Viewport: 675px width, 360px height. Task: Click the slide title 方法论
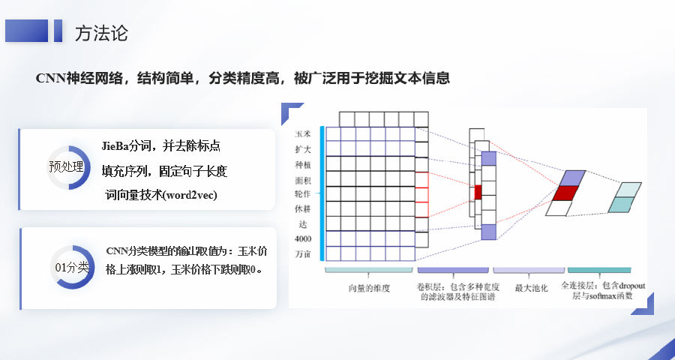tap(101, 33)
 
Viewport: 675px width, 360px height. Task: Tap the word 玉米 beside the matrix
tap(303, 134)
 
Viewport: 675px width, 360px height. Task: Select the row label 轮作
tap(303, 193)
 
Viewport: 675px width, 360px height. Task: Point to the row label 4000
tap(303, 238)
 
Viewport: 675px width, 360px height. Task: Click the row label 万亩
tap(303, 254)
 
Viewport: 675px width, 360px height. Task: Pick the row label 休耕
tap(303, 208)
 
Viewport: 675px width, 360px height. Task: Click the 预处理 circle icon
tap(67, 167)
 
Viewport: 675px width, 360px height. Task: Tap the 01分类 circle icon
tap(71, 268)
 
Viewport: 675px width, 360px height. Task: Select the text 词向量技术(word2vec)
tap(161, 195)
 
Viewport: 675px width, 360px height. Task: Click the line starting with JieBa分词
tap(161, 146)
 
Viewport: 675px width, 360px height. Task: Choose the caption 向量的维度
tap(369, 288)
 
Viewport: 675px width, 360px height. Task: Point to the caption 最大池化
tap(531, 288)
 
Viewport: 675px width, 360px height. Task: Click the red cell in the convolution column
tap(478, 192)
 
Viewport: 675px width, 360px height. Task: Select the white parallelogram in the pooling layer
tap(559, 208)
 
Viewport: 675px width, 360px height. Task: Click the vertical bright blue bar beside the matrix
tap(322, 193)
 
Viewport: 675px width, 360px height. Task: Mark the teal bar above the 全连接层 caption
tap(599, 270)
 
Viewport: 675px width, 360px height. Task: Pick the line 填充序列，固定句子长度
tap(164, 172)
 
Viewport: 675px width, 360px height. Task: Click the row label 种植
tap(303, 164)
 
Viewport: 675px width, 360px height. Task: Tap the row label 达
tap(303, 224)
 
